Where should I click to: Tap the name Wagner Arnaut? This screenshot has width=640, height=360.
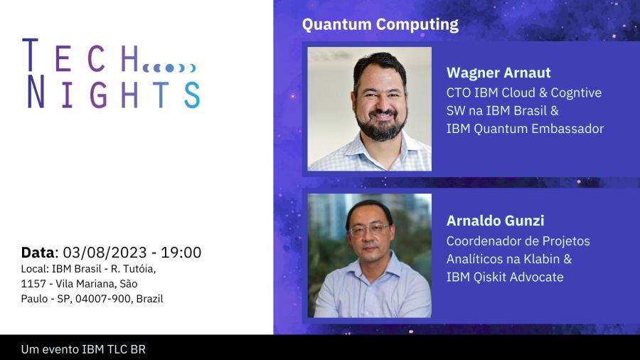[x=498, y=73]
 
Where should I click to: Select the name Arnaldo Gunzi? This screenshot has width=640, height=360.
[x=495, y=221]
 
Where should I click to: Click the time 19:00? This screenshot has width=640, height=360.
[x=181, y=253]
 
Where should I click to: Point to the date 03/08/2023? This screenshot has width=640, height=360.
[x=105, y=253]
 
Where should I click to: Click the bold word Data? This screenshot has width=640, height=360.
[x=38, y=253]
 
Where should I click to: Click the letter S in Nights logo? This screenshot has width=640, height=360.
[x=192, y=95]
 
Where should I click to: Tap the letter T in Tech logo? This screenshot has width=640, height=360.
[x=30, y=55]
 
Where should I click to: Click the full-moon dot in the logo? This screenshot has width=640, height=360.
[x=169, y=68]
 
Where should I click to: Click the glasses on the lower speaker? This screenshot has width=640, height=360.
[x=368, y=231]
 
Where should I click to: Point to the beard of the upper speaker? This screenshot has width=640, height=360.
[x=381, y=125]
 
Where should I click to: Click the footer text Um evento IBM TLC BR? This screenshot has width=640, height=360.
[x=83, y=349]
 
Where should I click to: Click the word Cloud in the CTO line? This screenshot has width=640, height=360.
[x=518, y=92]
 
